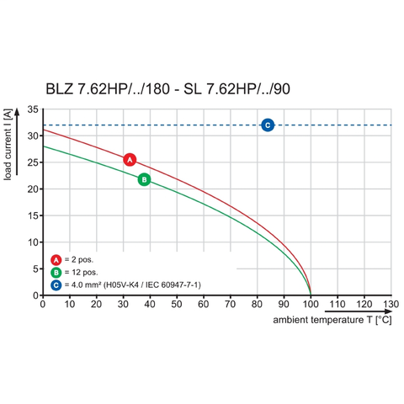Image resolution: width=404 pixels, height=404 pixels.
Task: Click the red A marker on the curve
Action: click(x=130, y=160)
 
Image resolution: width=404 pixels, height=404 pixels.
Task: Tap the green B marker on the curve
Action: click(x=144, y=179)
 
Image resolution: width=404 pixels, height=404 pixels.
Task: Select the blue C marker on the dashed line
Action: click(x=268, y=125)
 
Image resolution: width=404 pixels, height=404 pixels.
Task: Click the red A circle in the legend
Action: click(x=56, y=259)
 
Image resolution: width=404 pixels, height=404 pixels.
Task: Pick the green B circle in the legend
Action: click(x=56, y=272)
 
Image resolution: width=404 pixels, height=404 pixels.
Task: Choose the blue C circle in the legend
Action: click(x=56, y=285)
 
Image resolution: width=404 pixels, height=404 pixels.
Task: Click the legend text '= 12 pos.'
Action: click(x=82, y=273)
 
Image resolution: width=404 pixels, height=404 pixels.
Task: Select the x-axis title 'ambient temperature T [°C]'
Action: click(x=332, y=321)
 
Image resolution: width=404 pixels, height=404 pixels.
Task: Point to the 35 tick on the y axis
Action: click(x=31, y=110)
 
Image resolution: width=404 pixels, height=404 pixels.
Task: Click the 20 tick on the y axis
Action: click(x=31, y=189)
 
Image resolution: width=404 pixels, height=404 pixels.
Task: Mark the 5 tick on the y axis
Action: click(x=34, y=269)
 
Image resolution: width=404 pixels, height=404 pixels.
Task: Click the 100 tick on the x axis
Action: click(x=311, y=305)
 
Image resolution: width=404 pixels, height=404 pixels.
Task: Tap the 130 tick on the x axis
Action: click(x=391, y=305)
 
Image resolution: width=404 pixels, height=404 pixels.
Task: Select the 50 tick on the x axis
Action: click(x=177, y=305)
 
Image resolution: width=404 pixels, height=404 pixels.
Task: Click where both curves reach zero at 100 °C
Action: click(x=311, y=295)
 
